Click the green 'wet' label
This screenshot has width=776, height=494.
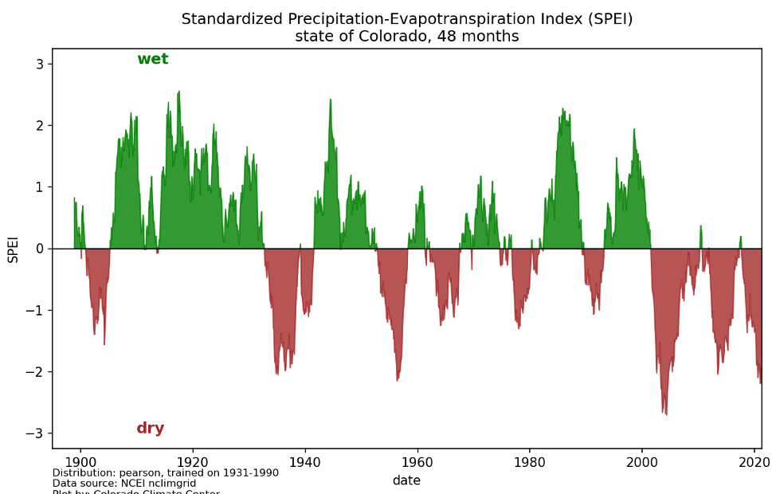coord(152,59)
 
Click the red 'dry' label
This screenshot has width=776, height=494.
coord(150,429)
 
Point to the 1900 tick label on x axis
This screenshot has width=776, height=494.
coord(80,462)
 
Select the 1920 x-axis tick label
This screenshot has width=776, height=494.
coord(192,462)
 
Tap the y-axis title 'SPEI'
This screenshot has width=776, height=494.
coord(13,249)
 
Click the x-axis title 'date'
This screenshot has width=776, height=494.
coord(406,480)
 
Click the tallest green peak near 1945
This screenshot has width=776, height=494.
coord(330,100)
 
